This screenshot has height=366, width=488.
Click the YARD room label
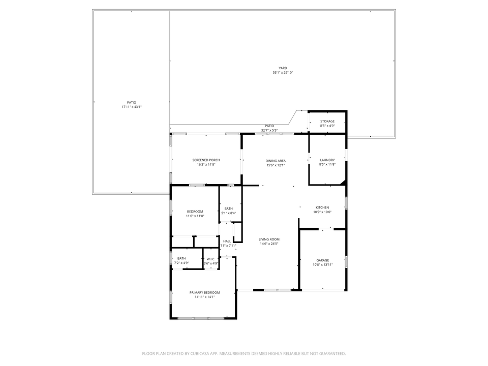click(283, 68)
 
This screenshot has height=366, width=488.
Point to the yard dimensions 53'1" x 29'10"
click(283, 73)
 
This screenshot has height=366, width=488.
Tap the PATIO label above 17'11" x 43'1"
click(131, 102)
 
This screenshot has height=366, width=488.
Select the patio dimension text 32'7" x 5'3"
click(269, 130)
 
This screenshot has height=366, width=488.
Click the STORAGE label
click(327, 121)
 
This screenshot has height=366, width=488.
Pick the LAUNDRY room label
click(327, 160)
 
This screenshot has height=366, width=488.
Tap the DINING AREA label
click(276, 161)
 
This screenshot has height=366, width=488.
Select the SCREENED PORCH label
click(206, 160)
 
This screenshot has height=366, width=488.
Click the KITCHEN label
click(322, 207)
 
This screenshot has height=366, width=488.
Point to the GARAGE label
click(323, 260)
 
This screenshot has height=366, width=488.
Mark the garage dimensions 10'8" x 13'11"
click(323, 265)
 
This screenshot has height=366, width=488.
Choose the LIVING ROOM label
click(269, 239)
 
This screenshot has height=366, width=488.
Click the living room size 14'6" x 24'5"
click(269, 244)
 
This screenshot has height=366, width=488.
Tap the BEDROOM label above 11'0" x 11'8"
click(195, 211)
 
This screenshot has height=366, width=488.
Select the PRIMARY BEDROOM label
click(204, 292)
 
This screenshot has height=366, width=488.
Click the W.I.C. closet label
click(211, 259)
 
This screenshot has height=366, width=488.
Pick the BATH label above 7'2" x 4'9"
click(181, 259)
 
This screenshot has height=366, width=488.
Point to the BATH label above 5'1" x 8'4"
click(229, 208)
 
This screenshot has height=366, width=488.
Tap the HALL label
click(227, 241)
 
